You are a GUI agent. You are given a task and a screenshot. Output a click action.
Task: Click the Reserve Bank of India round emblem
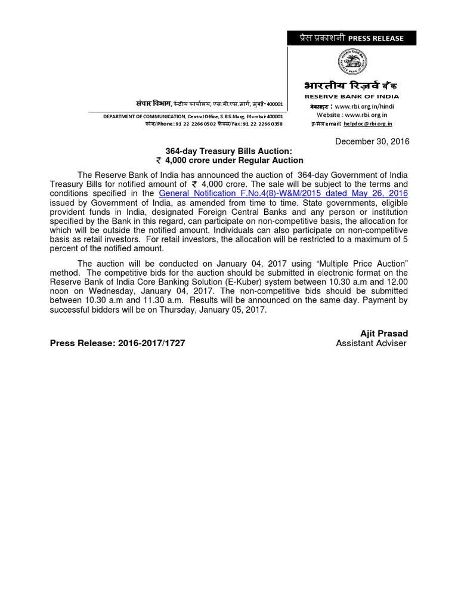(x=352, y=62)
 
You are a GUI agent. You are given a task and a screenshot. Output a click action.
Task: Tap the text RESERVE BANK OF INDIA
(x=352, y=96)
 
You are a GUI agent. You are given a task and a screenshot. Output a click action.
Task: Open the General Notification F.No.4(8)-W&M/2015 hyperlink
(x=283, y=194)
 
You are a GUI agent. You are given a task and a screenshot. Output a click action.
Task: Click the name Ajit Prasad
(x=383, y=333)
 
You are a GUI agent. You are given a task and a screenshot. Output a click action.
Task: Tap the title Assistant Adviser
(x=371, y=343)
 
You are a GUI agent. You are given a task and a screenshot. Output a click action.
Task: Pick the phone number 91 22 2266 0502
(x=196, y=124)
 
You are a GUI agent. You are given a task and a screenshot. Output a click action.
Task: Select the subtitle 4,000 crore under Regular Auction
(x=229, y=161)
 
